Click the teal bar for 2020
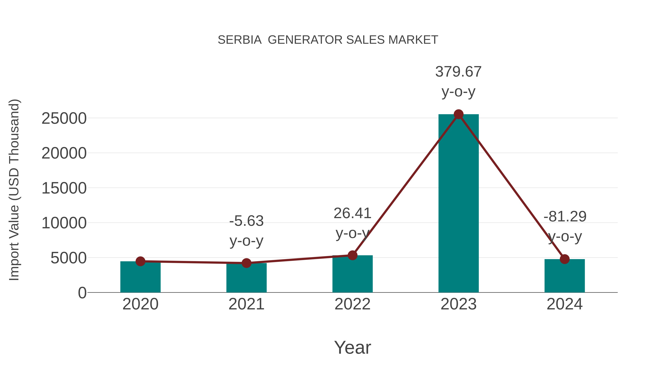point(140,278)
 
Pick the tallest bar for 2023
point(458,204)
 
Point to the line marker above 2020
point(140,261)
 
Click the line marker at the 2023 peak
point(458,114)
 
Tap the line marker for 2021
point(246,263)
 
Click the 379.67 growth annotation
point(458,72)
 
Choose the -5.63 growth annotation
point(246,221)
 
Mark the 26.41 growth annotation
point(352,213)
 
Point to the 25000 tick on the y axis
point(64,118)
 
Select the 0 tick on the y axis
point(82,293)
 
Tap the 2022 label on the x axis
point(352,304)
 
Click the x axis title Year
point(352,348)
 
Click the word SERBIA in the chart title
point(240,40)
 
